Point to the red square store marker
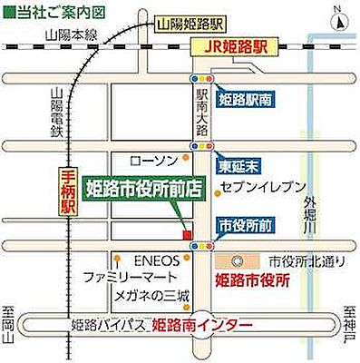click(187, 235)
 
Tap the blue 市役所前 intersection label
click(244, 223)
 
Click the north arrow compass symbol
click(336, 15)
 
